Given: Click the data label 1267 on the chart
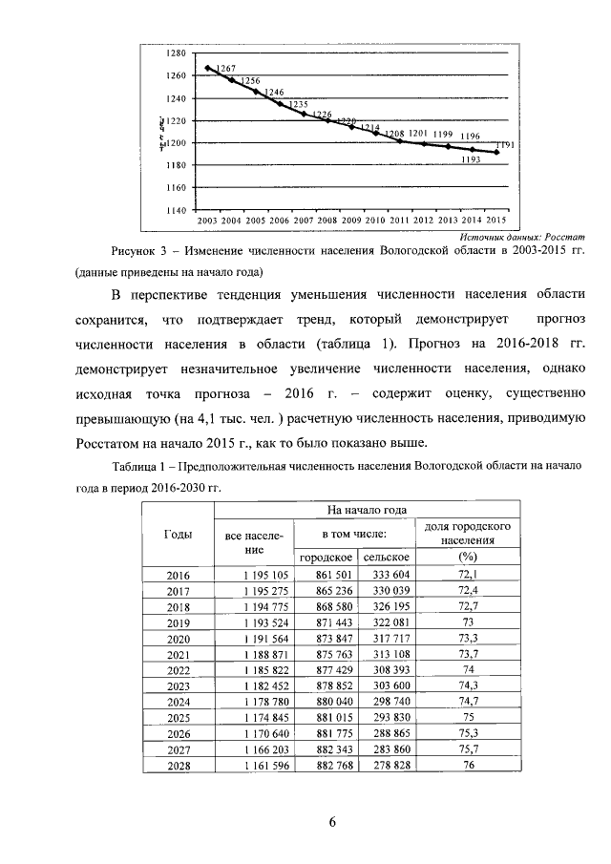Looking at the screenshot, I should (x=226, y=69).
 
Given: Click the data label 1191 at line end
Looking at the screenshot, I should (x=506, y=145).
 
